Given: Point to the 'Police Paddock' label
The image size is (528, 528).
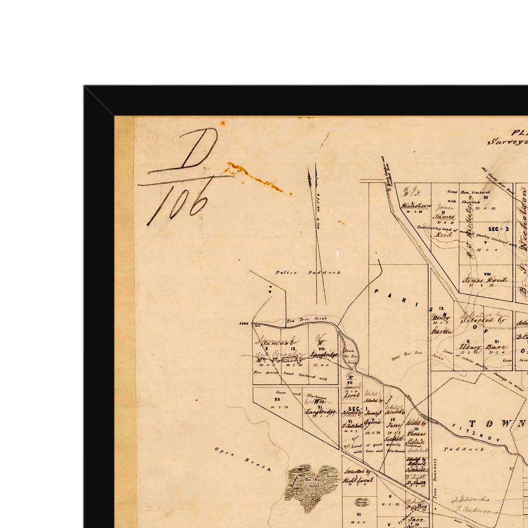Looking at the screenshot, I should (308, 273).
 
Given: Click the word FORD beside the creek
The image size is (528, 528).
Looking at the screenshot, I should (244, 323).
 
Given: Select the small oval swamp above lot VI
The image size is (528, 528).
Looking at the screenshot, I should (362, 503).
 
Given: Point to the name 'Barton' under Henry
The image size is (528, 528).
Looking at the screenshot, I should (441, 332).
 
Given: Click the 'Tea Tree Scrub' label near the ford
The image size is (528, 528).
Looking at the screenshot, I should (306, 319).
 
